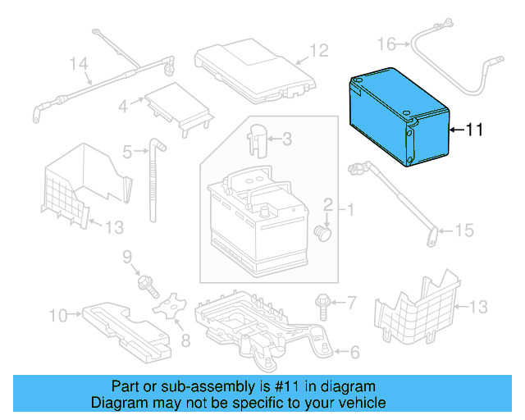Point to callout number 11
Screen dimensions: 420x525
point(475,130)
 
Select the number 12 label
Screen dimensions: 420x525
point(318,51)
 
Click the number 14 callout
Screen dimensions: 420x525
point(78,63)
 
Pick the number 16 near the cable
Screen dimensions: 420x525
point(386,43)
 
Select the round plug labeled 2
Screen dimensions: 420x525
point(324,233)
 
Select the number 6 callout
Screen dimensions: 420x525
point(354,354)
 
